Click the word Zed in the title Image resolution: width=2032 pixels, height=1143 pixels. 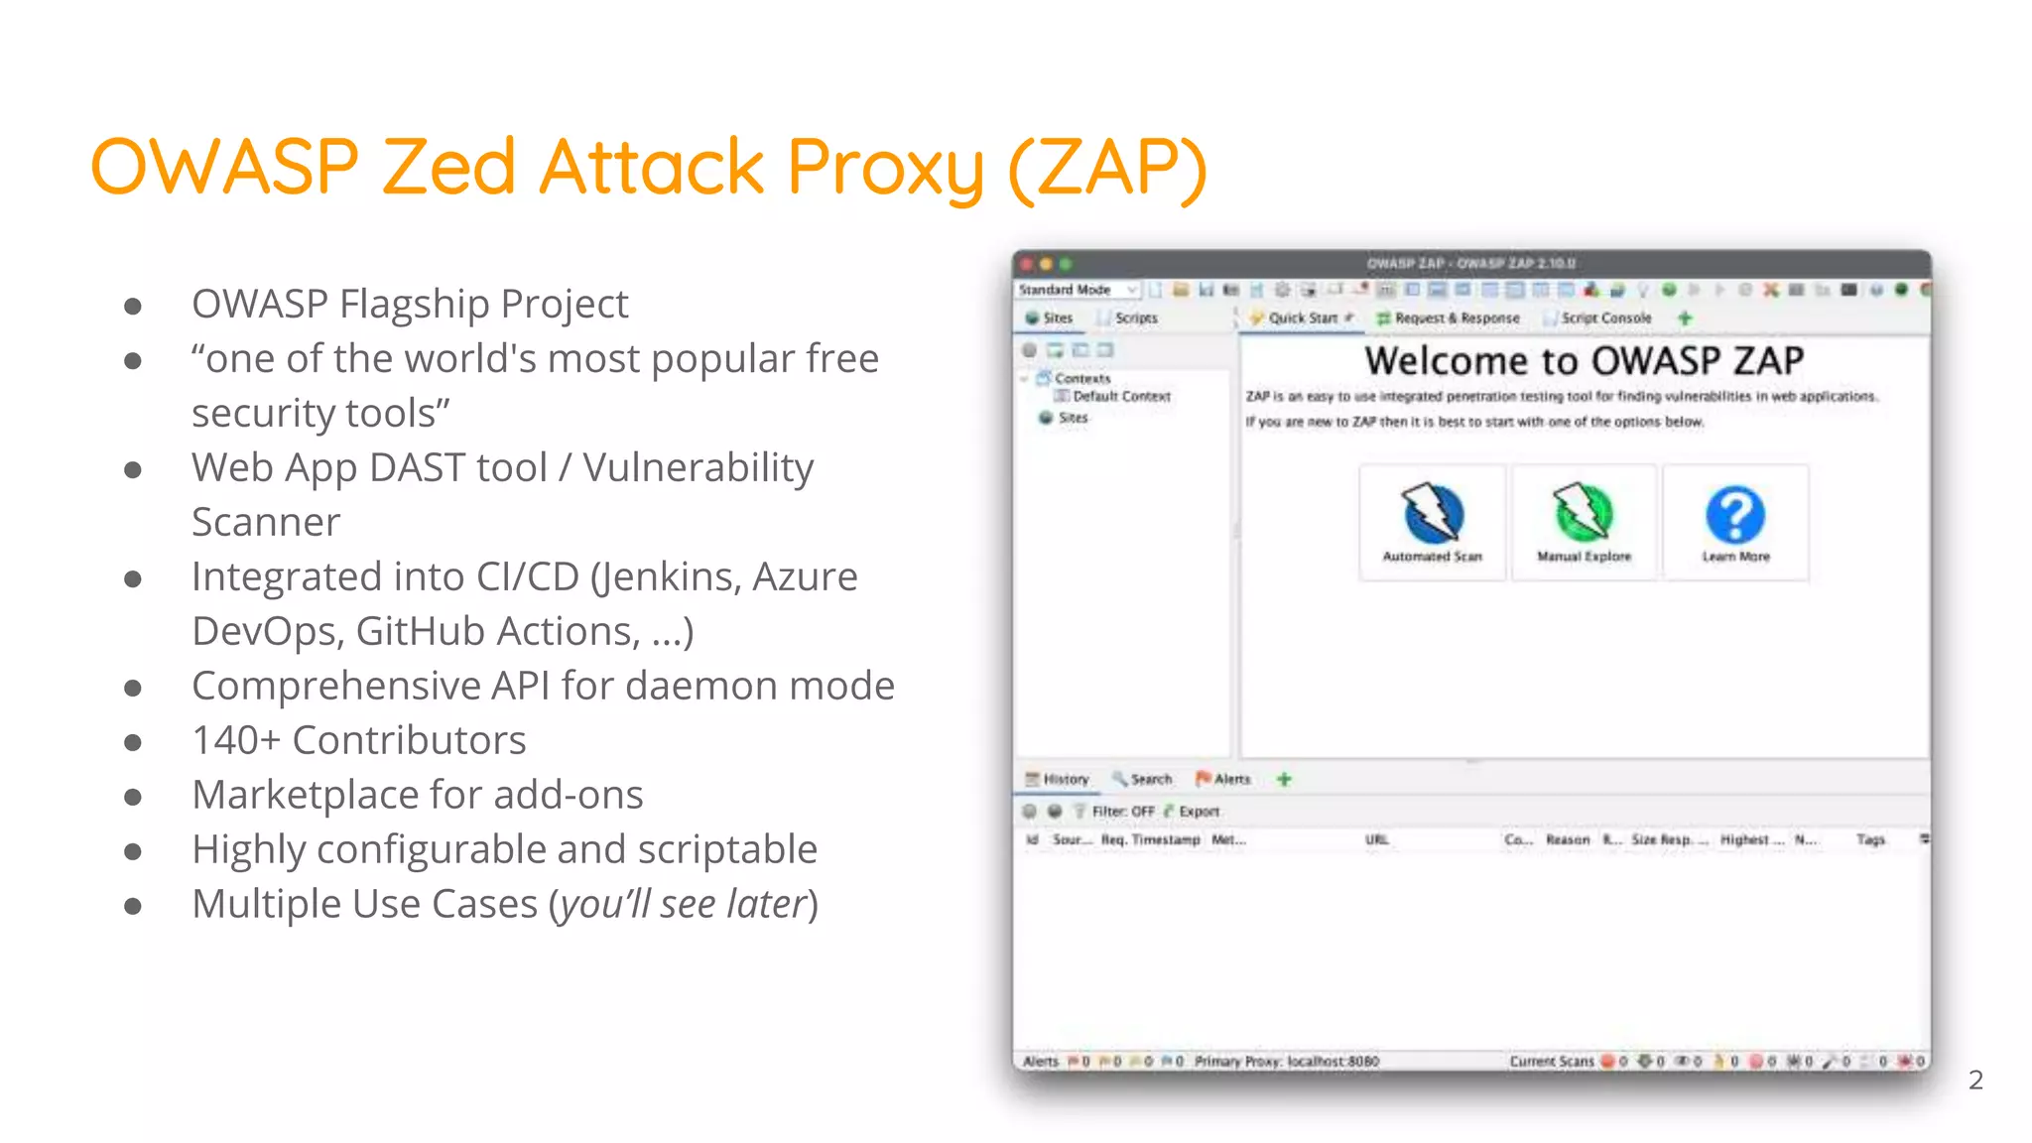click(x=448, y=166)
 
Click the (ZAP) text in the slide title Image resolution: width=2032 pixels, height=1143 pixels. click(x=1107, y=168)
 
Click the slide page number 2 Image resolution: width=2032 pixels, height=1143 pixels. click(x=1975, y=1079)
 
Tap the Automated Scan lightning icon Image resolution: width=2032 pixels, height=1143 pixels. click(x=1432, y=512)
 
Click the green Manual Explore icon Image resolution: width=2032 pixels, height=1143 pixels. click(x=1584, y=512)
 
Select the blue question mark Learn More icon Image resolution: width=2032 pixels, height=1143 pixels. click(x=1735, y=514)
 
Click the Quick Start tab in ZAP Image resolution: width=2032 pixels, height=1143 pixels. click(x=1301, y=318)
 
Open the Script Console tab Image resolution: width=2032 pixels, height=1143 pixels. click(x=1604, y=318)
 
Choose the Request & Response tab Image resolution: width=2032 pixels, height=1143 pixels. click(x=1456, y=318)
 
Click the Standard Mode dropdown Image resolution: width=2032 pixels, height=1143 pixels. click(x=1078, y=290)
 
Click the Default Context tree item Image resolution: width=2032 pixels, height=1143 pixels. click(x=1120, y=396)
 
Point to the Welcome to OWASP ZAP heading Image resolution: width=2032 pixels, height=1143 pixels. click(x=1584, y=360)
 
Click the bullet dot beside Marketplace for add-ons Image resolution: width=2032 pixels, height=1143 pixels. click(x=133, y=797)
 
